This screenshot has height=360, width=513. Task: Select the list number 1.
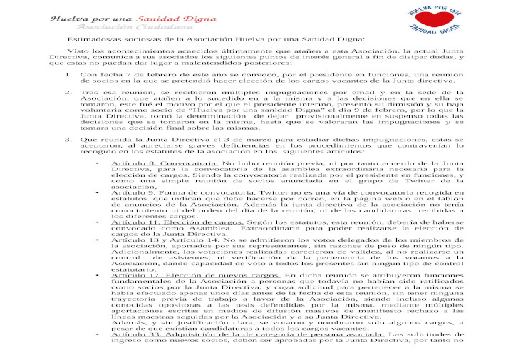(x=68, y=74)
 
